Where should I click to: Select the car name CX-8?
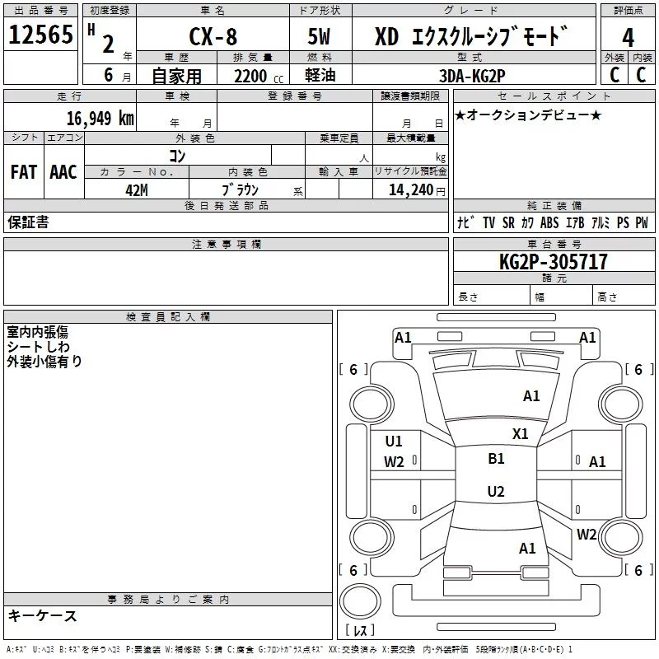pos(212,38)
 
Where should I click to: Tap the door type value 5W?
pos(320,38)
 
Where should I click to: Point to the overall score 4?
pos(628,38)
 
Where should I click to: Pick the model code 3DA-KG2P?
pos(472,76)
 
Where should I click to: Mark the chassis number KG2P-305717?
pos(554,262)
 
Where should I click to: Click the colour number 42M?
pos(137,189)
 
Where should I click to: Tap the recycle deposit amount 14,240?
pos(409,189)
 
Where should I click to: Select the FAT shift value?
pos(24,172)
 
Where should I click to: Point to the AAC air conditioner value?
pos(63,172)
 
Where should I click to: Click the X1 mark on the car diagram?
pos(521,433)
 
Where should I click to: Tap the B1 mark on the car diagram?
pos(496,459)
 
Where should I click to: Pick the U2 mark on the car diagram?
pos(496,492)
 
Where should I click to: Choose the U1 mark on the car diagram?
pos(394,441)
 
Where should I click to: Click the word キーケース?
pos(43,615)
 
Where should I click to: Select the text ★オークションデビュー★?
pos(528,115)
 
